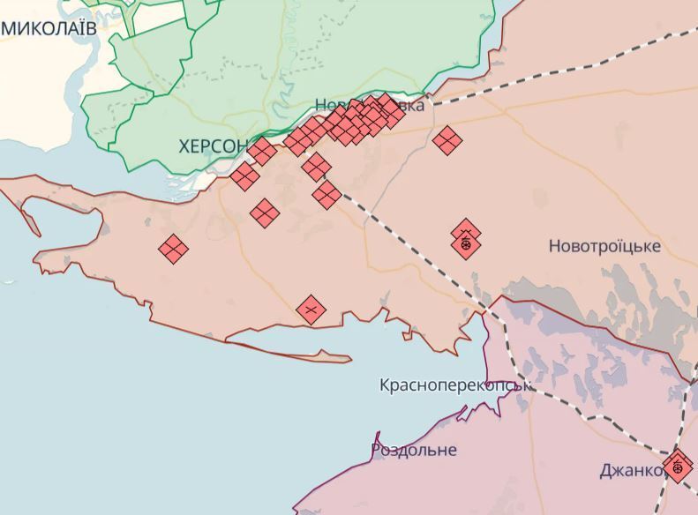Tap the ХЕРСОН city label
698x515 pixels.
pos(214,146)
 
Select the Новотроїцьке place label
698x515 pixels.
pos(604,246)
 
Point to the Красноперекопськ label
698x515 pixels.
pos(454,385)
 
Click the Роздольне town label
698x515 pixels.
pos(414,450)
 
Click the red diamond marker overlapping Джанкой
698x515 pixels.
pos(678,466)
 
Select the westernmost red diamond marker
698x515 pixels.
pos(174,250)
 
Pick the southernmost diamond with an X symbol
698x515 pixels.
pos(311,310)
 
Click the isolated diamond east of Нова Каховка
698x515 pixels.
pos(448,139)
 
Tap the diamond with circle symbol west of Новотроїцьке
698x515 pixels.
pos(466,243)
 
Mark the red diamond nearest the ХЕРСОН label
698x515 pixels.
pos(262,151)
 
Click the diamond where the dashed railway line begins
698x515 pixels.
pos(326,194)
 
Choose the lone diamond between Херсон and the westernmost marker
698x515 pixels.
pos(265,212)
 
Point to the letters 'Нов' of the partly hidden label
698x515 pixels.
pos(329,104)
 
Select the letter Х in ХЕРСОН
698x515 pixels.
pos(184,146)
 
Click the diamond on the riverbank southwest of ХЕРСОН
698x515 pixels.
pos(244,176)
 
